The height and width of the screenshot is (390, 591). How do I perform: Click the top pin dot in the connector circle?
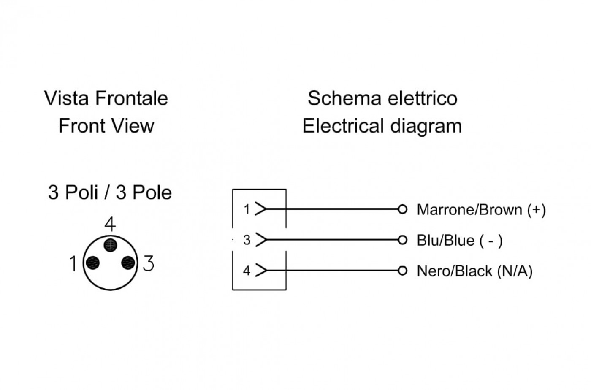110,245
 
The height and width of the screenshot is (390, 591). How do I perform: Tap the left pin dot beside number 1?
93,263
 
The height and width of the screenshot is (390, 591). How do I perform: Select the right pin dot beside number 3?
128,263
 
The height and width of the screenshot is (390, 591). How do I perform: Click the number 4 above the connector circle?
110,224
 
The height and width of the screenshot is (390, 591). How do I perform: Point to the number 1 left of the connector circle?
73,263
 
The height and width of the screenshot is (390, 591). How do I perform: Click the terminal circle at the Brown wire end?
402,209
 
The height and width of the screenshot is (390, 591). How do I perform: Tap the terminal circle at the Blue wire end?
402,240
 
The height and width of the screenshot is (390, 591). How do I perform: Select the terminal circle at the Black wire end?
402,271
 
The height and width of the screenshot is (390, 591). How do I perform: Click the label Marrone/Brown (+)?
481,210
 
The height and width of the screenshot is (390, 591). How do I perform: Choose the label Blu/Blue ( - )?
460,241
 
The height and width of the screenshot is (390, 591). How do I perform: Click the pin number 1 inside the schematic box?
247,209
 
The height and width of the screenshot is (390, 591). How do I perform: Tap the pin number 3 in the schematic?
247,240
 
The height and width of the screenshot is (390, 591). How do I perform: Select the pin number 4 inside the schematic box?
247,271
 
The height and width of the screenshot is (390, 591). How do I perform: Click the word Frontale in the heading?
131,98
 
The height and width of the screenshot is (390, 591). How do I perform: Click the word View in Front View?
133,126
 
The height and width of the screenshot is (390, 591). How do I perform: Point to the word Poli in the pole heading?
81,192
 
